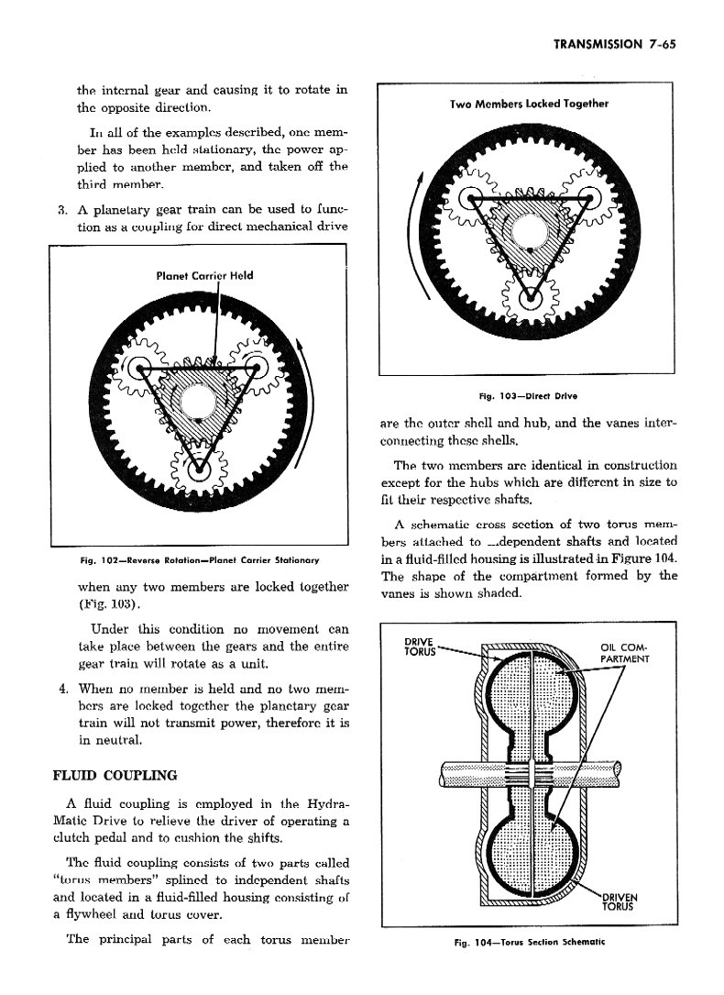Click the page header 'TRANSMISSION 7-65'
tap(614, 44)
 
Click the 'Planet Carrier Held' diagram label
tap(204, 275)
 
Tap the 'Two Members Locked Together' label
tap(529, 104)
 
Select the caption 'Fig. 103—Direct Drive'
tap(528, 396)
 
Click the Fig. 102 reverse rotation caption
tap(200, 560)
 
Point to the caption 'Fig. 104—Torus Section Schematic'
tap(530, 943)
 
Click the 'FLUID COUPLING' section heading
tap(115, 776)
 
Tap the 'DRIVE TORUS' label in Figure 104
tap(420, 647)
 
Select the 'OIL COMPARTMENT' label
tap(624, 654)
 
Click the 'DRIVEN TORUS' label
tap(618, 902)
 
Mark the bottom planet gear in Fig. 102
tap(199, 470)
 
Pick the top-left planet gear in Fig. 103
tap(470, 199)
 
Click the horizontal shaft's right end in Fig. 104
tap(620, 774)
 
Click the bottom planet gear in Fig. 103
tap(530, 295)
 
